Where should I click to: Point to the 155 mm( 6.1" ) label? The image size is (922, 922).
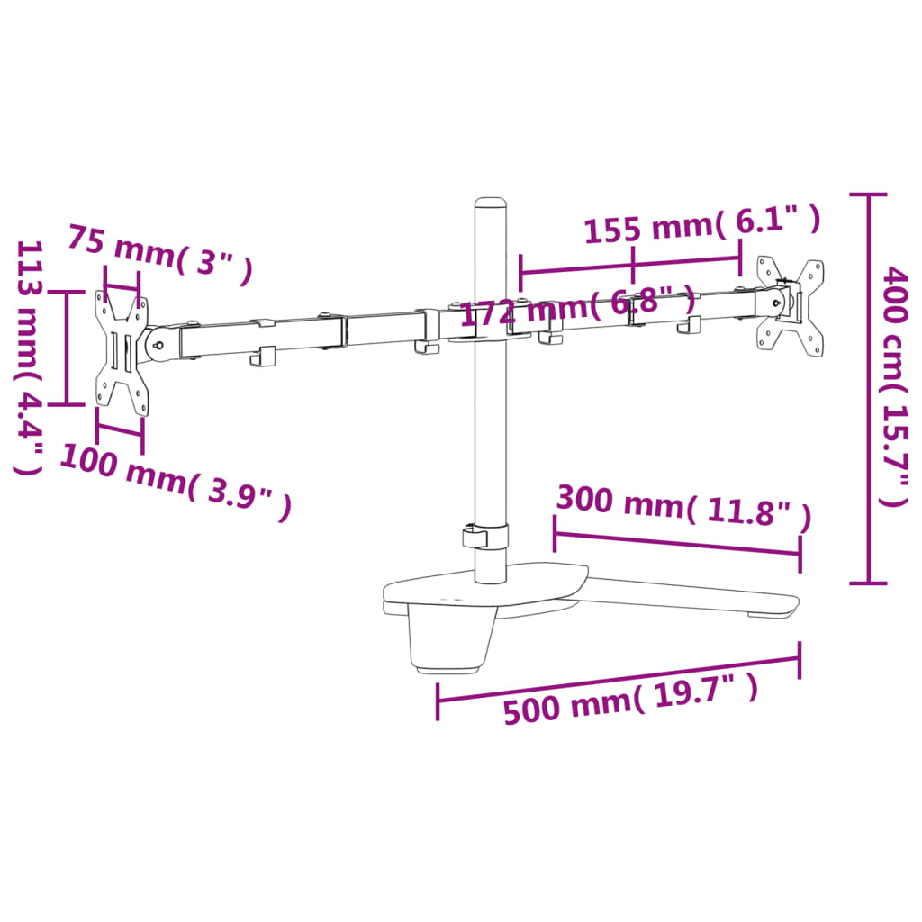(x=701, y=225)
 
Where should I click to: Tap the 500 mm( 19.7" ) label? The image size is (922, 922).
(x=630, y=699)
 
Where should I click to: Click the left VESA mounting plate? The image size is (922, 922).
(x=121, y=351)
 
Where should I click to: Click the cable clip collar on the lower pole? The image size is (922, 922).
(x=486, y=537)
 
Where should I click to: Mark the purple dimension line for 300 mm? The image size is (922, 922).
(x=676, y=543)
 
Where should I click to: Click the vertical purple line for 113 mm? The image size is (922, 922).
(x=66, y=348)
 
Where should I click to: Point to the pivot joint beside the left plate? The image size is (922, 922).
(x=159, y=343)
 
